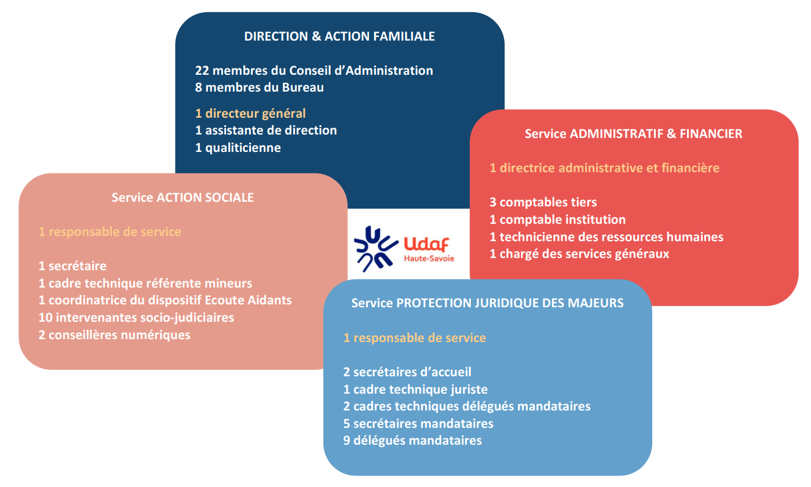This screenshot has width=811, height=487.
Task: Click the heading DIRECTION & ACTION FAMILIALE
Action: point(339,36)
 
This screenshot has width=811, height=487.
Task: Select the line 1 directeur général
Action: point(250,114)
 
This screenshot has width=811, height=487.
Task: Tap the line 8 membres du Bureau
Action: point(260,88)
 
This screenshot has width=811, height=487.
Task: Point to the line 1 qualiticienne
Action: point(238,148)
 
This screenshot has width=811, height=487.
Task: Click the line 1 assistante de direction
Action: point(266,130)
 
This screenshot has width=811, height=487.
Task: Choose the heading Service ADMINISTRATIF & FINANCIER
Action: point(634,134)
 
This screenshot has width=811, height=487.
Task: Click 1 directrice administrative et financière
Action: point(604,168)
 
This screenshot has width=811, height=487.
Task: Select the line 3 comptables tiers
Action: point(543,202)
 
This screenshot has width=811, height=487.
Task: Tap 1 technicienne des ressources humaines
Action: point(607,237)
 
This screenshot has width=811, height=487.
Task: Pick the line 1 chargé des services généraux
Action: point(579,254)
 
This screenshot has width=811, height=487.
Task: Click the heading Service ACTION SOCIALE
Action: point(182,198)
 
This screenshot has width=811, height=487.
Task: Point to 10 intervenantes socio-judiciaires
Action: point(136,318)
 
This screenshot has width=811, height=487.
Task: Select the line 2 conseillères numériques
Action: point(115,335)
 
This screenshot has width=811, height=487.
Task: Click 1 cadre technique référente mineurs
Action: point(145,284)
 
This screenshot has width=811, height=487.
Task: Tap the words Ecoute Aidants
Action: point(248,300)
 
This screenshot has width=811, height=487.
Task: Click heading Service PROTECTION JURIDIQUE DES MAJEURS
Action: point(487,303)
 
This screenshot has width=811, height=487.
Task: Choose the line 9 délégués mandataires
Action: point(412,441)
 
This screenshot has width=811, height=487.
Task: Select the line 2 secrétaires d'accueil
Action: point(407,372)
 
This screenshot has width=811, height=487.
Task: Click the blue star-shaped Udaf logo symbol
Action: point(376,249)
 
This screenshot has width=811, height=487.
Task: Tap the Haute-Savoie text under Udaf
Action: point(429,259)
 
